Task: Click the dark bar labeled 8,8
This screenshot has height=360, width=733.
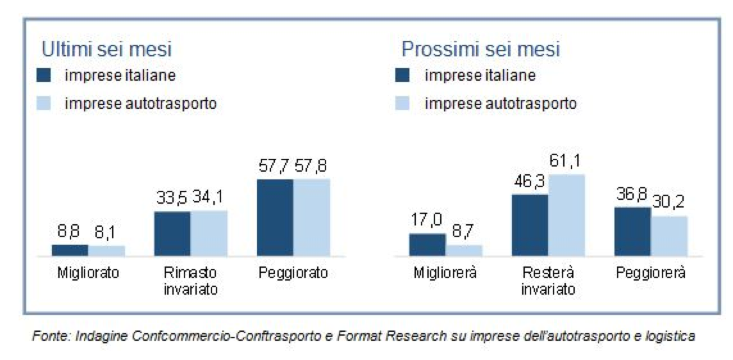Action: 70,250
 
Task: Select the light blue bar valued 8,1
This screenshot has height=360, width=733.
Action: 106,250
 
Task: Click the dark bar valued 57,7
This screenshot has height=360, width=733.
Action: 275,217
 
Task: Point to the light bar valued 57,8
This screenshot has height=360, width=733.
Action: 311,217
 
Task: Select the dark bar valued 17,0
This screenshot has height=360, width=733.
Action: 427,245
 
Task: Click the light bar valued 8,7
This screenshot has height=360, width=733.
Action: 464,250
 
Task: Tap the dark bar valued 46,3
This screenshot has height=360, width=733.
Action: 530,225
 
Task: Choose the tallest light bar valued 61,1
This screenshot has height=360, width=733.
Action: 567,215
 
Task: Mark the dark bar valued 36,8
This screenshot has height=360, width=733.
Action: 632,231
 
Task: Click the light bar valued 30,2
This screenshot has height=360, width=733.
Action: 669,236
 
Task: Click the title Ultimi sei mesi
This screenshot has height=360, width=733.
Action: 107,49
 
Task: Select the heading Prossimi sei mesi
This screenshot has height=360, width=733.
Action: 481,49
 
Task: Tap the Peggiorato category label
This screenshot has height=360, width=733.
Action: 293,273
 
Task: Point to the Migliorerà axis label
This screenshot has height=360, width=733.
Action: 445,273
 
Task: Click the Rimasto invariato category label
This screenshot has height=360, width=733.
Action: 190,281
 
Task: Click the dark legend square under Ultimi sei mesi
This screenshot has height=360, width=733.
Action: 44,76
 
